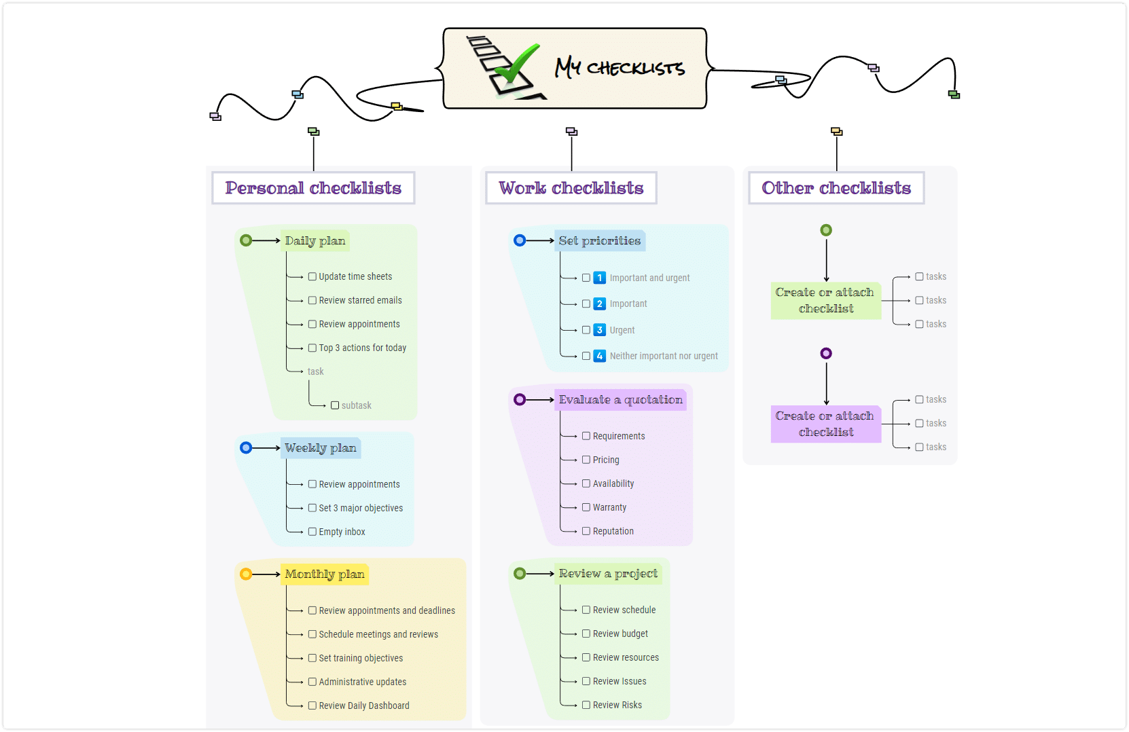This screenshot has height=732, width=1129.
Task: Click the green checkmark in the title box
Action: tap(514, 65)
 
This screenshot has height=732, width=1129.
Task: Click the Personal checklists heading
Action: tap(313, 188)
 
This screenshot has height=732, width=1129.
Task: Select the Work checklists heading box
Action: tap(571, 188)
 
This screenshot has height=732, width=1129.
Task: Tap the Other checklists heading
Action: tap(836, 188)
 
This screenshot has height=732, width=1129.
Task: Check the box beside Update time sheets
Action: tap(312, 276)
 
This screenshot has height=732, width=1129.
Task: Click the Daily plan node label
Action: tap(315, 241)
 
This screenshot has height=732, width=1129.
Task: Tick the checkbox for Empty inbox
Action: tap(312, 532)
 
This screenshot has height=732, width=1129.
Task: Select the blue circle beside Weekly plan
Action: tap(246, 448)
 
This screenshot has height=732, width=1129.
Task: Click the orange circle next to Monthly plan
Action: tap(246, 574)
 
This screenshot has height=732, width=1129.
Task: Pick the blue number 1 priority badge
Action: tap(599, 278)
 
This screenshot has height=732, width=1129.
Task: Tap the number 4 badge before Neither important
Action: tap(599, 356)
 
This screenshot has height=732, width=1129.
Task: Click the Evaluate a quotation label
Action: tap(620, 400)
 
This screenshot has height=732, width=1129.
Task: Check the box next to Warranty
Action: tap(586, 507)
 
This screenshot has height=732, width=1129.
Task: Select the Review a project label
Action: tap(608, 574)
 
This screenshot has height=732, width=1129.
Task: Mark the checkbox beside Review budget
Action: tap(586, 634)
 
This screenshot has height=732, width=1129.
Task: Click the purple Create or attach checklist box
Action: tap(826, 424)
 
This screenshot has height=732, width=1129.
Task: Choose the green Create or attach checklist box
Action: tap(826, 301)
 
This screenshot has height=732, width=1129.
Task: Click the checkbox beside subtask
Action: tap(335, 405)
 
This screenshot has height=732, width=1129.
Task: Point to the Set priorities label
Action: tap(600, 241)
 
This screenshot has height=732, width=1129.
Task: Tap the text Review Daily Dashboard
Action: tap(364, 706)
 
